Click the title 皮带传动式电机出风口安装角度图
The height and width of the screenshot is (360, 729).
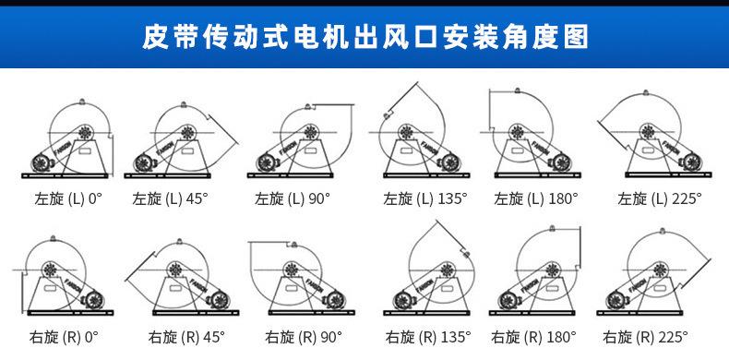pos(364,36)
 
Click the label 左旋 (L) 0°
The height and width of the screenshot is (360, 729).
pos(68,198)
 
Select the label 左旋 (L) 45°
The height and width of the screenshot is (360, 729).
pos(171,198)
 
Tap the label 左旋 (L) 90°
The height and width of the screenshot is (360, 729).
pos(292,198)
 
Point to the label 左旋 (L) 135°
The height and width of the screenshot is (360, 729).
pos(425,198)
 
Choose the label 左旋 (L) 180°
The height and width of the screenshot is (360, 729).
pos(536,198)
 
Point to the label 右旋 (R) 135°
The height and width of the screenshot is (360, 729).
pos(427,336)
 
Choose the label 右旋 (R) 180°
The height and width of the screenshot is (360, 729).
pos(534,336)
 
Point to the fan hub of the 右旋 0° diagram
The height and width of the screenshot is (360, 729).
pos(50,270)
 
